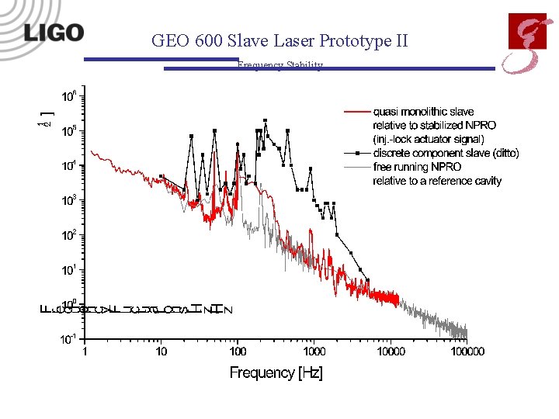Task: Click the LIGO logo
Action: click(54, 33)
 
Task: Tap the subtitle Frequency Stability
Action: click(280, 66)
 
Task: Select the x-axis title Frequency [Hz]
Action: click(276, 373)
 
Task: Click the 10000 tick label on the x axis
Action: click(391, 351)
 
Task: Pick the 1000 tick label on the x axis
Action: click(314, 351)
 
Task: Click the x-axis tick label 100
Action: click(238, 351)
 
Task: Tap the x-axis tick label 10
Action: click(161, 351)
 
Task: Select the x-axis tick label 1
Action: click(85, 351)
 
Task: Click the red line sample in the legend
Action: click(356, 112)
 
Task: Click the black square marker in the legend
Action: click(356, 154)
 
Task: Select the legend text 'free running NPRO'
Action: click(417, 167)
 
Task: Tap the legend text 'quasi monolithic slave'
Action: click(423, 112)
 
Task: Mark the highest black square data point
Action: click(265, 121)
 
